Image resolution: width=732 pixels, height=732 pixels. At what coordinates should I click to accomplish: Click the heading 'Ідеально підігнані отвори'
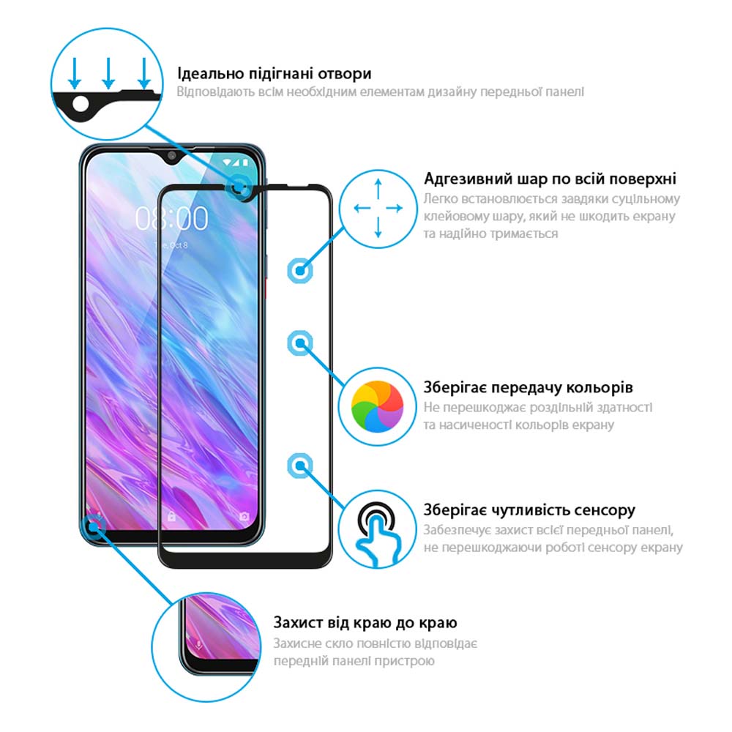coord(274,74)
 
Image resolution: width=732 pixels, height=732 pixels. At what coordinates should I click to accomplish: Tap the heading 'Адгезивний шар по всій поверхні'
coord(550,179)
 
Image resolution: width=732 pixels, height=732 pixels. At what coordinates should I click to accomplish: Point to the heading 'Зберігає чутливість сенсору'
coord(529,510)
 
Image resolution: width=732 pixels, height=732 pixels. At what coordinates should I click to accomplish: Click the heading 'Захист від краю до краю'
coord(365,623)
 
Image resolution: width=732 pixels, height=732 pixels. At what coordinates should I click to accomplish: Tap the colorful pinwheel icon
coord(377,406)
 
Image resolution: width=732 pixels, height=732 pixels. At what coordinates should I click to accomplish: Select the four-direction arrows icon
coord(378,208)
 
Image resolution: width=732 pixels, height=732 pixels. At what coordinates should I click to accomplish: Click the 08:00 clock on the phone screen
coord(172,218)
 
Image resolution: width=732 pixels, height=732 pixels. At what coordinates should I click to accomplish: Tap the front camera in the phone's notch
coord(172,155)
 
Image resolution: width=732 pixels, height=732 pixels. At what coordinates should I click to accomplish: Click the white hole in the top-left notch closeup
coord(81,104)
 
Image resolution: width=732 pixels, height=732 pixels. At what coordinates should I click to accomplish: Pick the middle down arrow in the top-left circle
coord(108,73)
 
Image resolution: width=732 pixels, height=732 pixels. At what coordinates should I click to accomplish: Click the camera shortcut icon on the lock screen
coord(244,516)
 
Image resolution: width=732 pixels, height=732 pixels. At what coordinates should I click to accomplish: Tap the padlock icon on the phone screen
coord(171,516)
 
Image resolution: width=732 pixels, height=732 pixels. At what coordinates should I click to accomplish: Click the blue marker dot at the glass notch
coord(239,187)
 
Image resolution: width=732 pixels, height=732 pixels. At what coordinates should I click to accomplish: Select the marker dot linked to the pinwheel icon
coord(299,343)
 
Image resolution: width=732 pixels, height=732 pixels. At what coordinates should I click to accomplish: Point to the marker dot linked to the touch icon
coord(299,466)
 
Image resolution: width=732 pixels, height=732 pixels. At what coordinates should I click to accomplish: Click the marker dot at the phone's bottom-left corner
coord(94,526)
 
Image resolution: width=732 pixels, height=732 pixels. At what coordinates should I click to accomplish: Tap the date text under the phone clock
coord(171,245)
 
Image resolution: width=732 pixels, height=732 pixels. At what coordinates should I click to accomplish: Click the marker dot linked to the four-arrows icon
coord(299,271)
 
